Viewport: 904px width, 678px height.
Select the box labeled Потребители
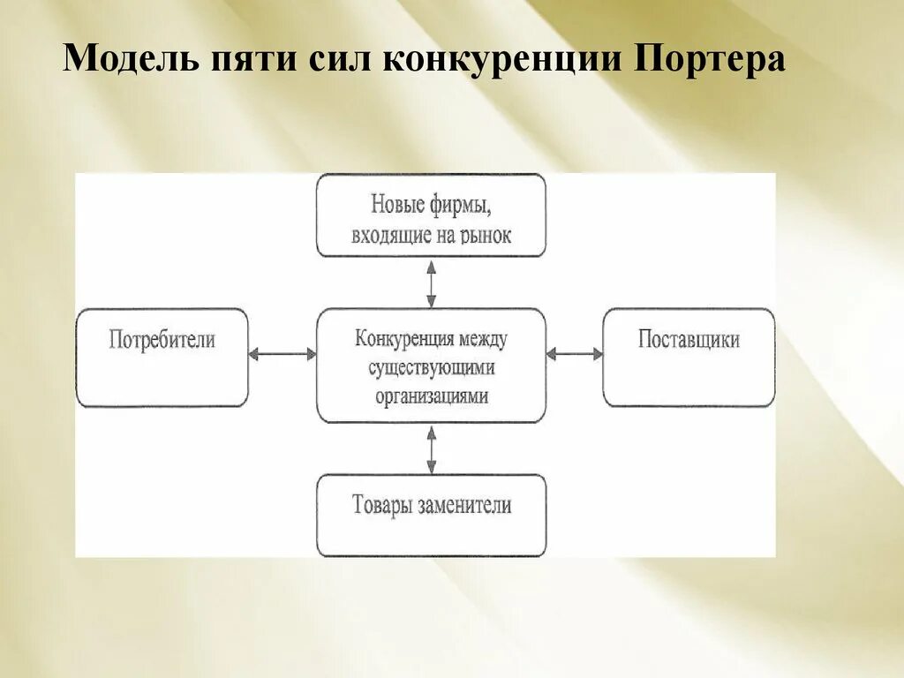(x=162, y=358)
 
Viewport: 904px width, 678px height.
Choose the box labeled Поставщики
(x=689, y=358)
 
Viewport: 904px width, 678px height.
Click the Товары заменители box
(x=431, y=516)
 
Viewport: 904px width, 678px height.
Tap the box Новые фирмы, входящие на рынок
(x=431, y=215)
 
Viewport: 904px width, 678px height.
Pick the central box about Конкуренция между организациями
(x=431, y=365)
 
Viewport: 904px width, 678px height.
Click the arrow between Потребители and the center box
(x=282, y=354)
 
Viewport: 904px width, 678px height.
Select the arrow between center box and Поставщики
(x=574, y=354)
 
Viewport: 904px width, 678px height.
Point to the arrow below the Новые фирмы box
(x=431, y=282)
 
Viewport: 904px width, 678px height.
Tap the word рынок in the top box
(x=485, y=235)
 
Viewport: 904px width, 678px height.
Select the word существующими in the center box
(x=432, y=366)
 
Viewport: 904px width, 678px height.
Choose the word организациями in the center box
(x=432, y=396)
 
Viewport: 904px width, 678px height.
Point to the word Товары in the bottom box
(x=379, y=506)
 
